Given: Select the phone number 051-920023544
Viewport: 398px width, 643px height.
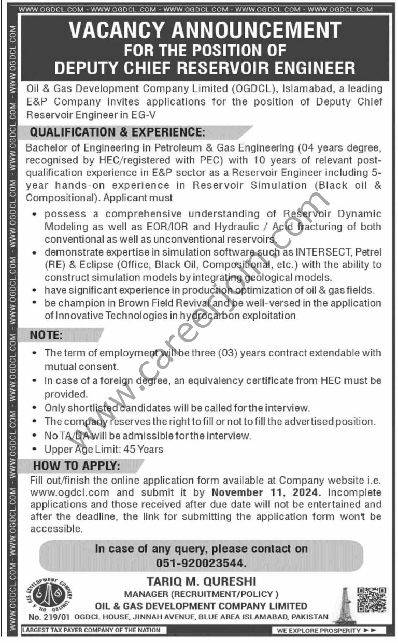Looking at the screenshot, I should (201, 562).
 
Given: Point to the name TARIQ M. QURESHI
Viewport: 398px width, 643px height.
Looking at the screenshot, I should (201, 582).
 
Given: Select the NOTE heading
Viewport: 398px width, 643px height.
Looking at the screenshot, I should (46, 335).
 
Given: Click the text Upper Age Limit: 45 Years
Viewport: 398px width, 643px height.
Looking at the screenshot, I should (104, 449).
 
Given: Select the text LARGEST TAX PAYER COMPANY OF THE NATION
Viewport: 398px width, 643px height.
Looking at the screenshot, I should (91, 630).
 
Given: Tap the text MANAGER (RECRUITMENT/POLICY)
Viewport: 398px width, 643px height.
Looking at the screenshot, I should (201, 594).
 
